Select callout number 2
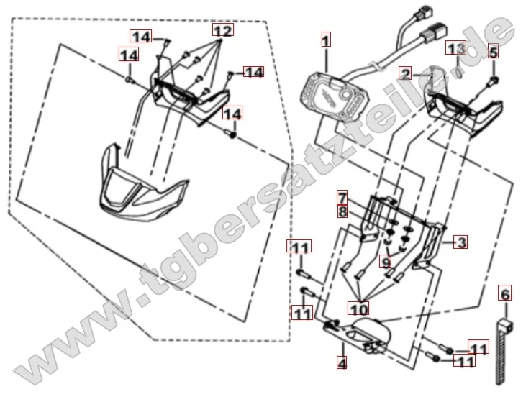tap(407, 75)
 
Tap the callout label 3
tap(460, 242)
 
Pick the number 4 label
tap(342, 364)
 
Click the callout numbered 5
tap(493, 51)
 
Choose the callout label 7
tap(343, 197)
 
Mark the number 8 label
tap(343, 211)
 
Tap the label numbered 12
tap(223, 32)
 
